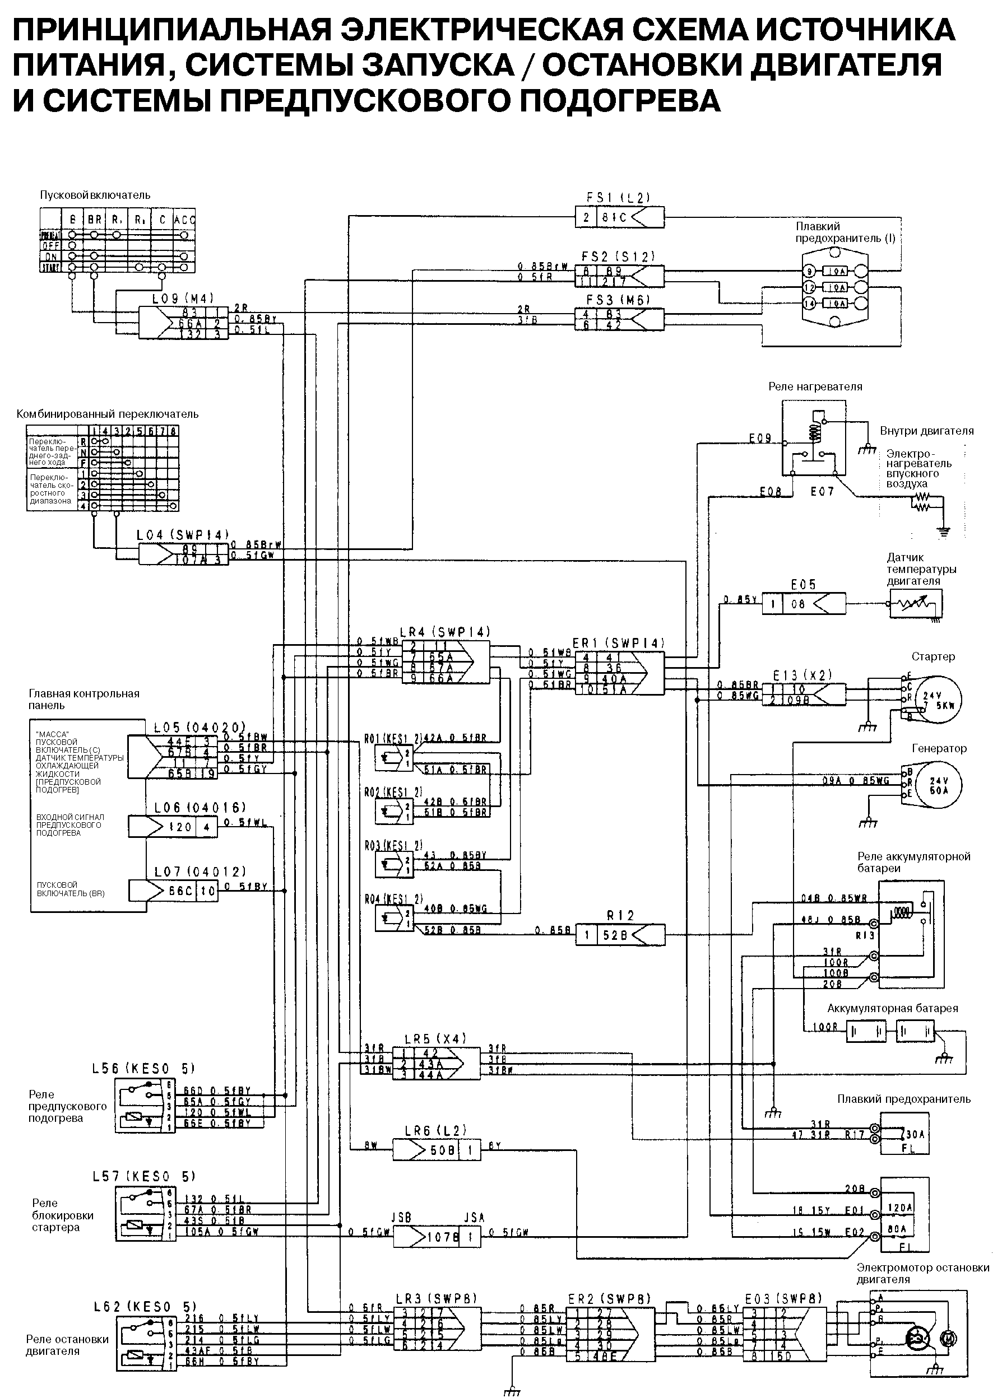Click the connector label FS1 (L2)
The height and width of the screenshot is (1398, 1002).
619,198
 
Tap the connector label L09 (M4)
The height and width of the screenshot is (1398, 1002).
183,299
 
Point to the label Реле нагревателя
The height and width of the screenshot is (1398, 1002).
815,386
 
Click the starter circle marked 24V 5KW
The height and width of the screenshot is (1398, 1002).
937,700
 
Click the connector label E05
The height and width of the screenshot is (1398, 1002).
804,584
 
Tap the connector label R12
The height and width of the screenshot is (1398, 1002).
620,915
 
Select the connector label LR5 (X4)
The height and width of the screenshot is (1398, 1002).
435,1038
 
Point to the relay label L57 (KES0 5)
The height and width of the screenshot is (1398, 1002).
143,1176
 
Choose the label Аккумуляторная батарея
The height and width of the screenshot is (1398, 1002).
892,1008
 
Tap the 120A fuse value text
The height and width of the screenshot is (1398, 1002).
899,1208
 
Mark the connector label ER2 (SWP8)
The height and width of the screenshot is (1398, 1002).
609,1298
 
